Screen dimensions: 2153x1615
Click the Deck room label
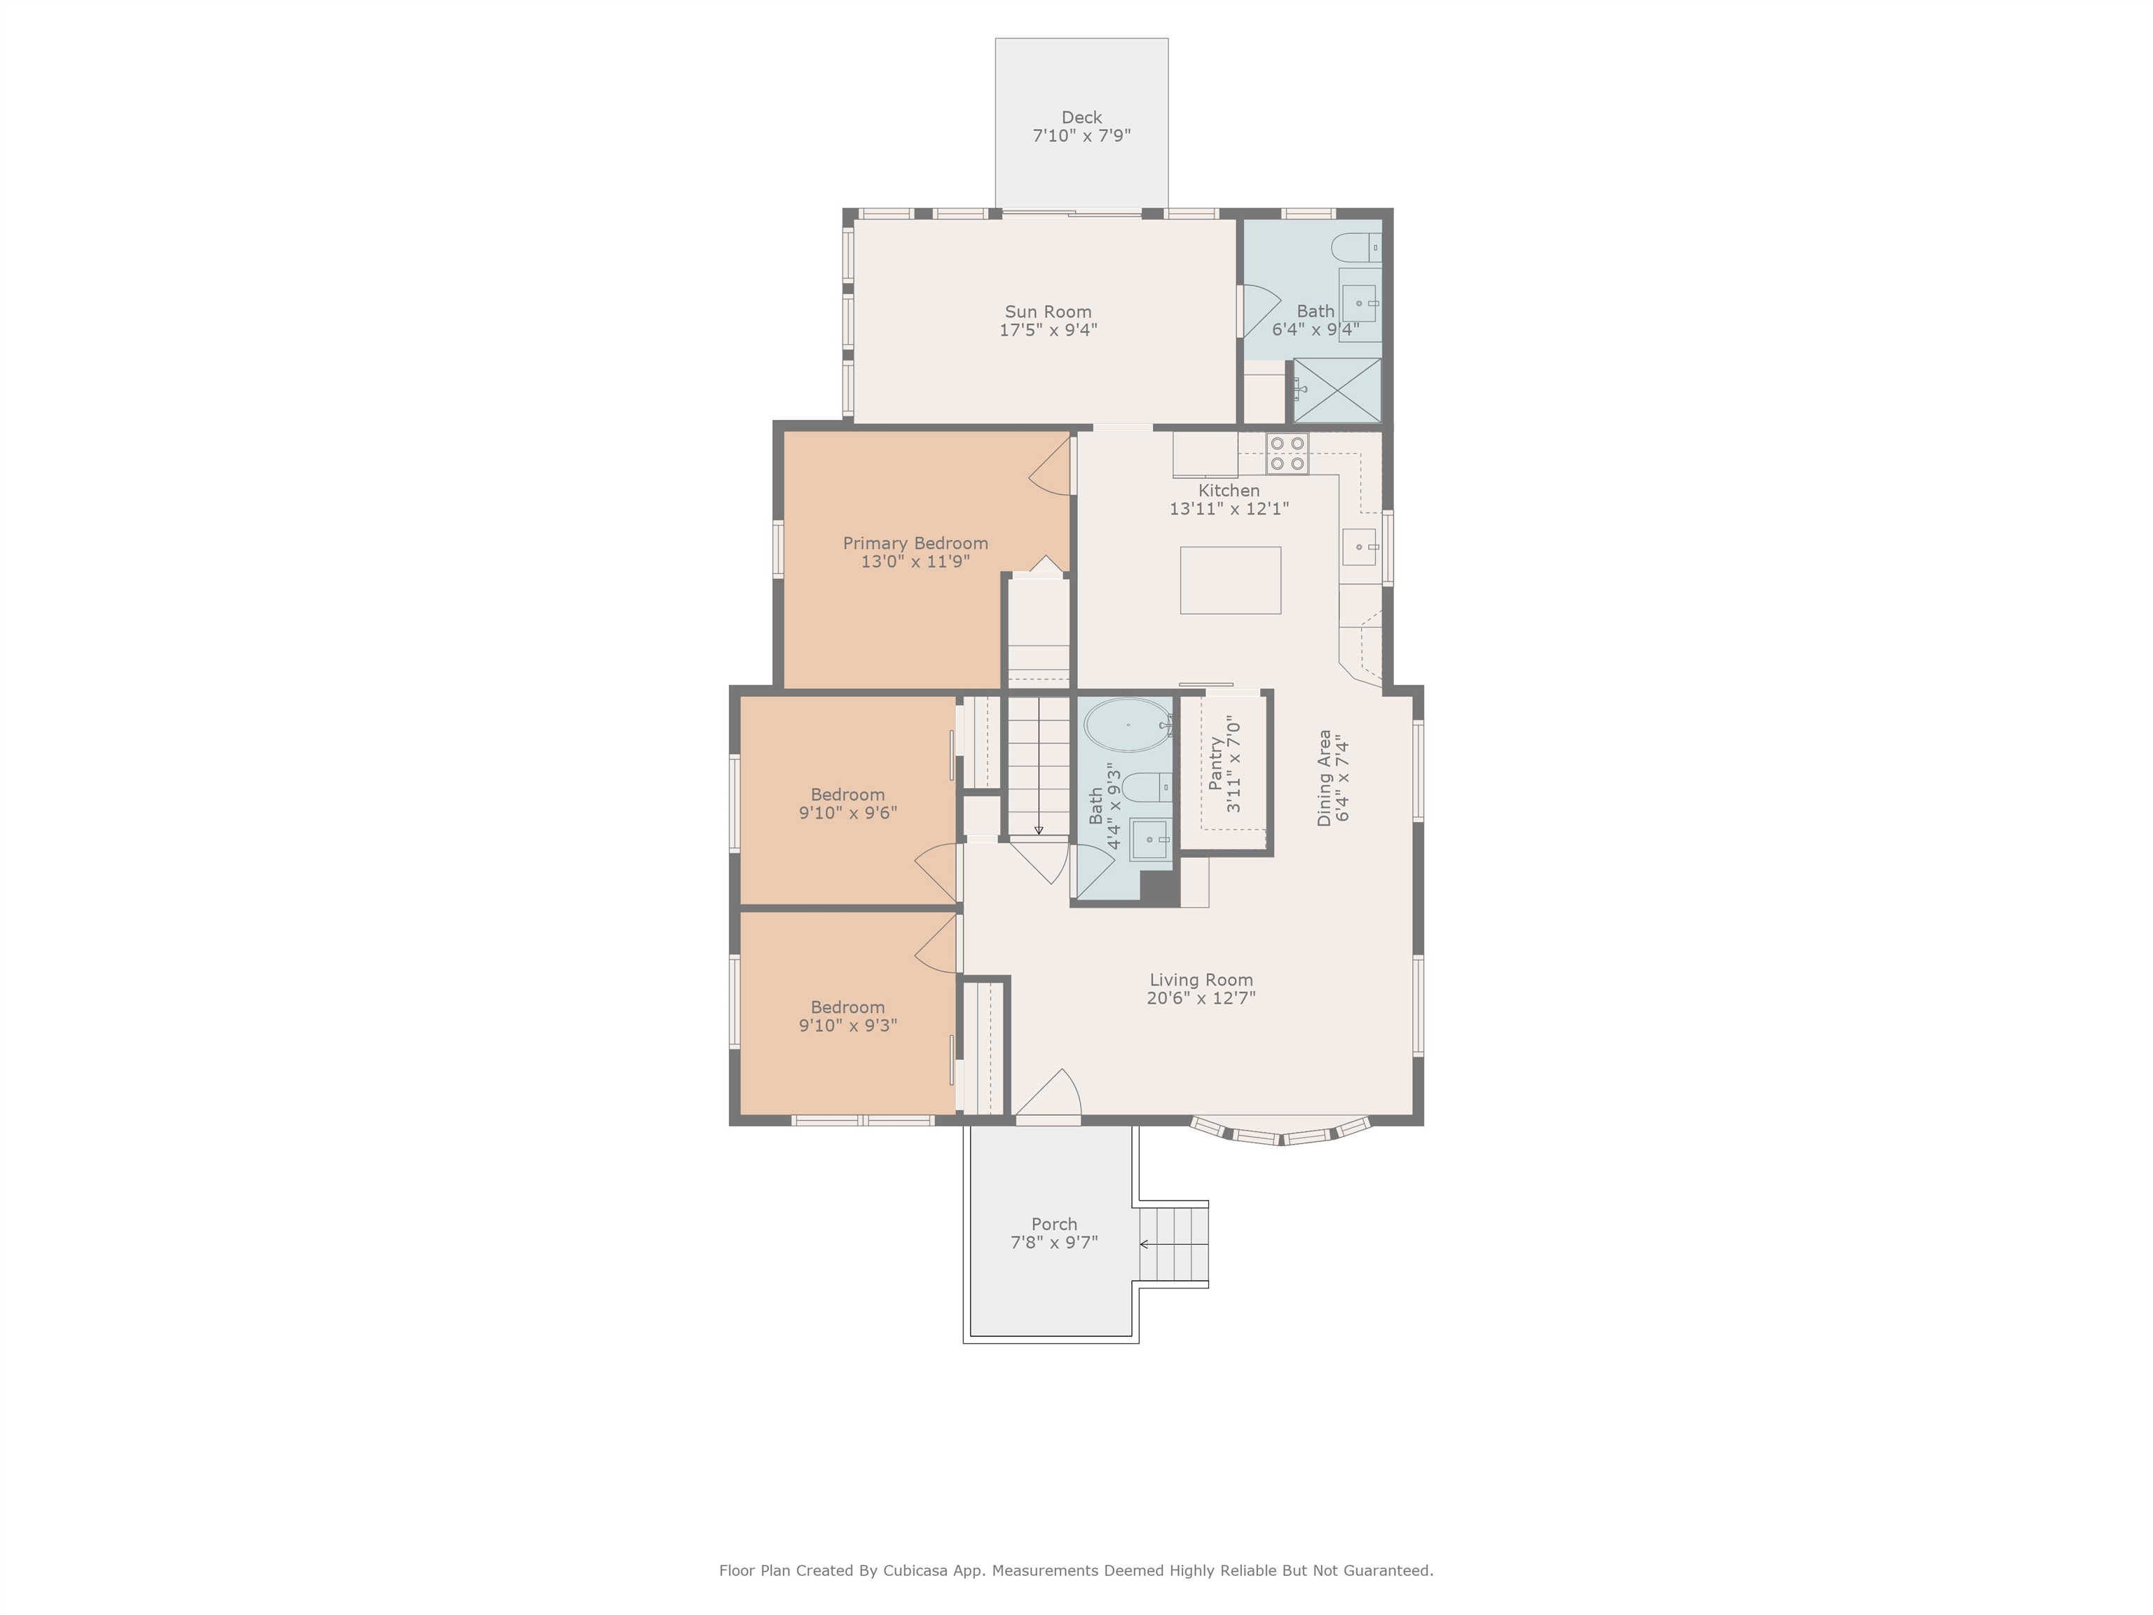1081,118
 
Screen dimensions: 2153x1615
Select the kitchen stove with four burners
1287,454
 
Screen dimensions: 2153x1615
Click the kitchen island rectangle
1230,580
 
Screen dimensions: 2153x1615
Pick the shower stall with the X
1337,390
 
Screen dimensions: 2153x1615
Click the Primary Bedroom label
915,543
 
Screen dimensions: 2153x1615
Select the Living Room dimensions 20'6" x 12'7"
1201,998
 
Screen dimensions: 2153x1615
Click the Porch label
1054,1224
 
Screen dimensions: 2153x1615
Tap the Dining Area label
1324,778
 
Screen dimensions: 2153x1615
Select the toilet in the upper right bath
1356,247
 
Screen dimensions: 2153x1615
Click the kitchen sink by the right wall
1360,547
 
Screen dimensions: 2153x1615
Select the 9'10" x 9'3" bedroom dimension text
848,1025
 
